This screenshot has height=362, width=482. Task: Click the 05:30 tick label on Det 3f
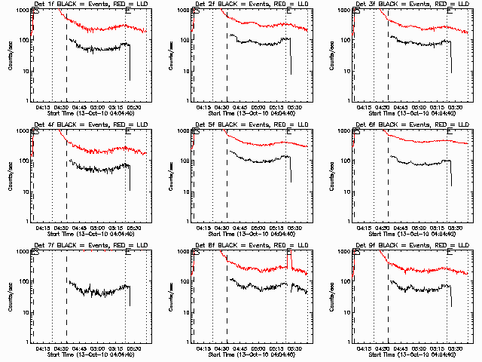pos(455,107)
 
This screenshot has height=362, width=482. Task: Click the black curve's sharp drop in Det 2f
pos(290,57)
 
